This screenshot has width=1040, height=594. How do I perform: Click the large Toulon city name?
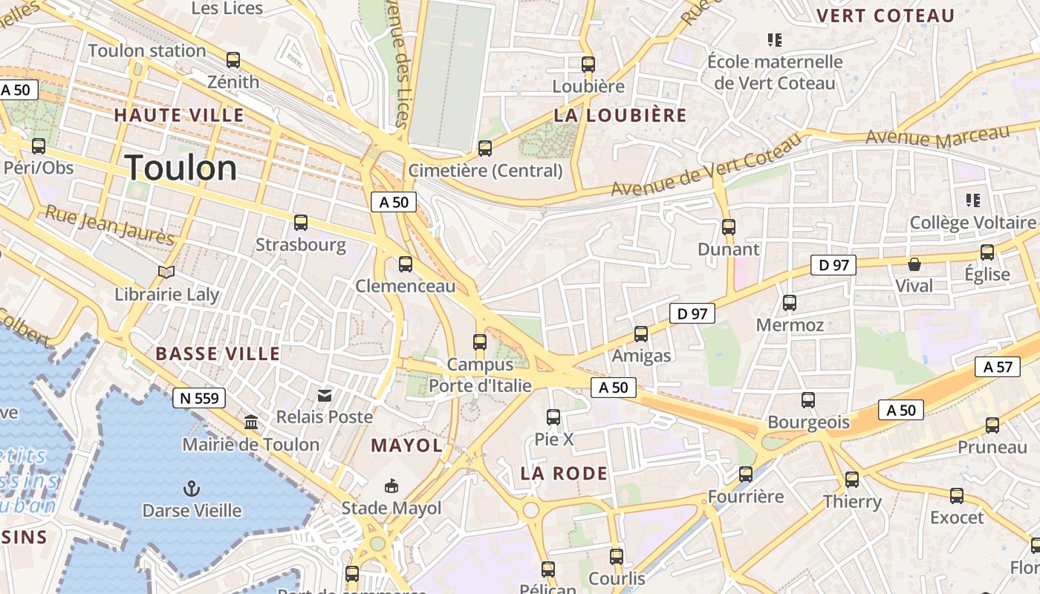181,168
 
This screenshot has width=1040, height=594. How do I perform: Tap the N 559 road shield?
199,398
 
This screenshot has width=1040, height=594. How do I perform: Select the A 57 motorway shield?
998,366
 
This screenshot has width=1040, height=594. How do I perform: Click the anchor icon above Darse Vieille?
192,489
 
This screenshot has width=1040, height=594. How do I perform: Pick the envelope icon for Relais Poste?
325,395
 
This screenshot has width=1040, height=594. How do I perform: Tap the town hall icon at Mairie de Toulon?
251,422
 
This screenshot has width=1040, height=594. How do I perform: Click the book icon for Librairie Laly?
166,272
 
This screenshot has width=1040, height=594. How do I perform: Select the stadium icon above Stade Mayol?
391,486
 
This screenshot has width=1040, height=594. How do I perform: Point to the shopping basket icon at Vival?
914,264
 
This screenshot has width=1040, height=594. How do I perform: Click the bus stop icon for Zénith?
233,60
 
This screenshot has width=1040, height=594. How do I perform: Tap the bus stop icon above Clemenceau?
406,264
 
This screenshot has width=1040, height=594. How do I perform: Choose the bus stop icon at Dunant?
729,227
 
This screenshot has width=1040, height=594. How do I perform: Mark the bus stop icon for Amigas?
641,334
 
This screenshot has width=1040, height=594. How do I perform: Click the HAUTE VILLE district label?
178,115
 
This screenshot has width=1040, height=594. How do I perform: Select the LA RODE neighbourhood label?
564,473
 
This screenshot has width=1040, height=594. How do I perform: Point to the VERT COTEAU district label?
885,16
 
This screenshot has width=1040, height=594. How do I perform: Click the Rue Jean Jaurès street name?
110,224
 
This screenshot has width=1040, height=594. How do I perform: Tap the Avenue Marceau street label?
937,136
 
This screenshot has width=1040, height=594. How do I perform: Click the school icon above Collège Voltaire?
972,200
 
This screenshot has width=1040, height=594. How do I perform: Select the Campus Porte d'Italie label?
480,375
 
